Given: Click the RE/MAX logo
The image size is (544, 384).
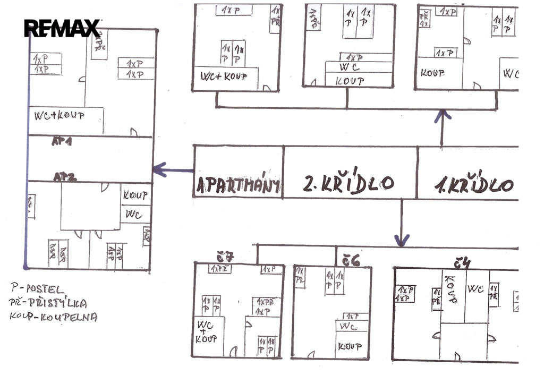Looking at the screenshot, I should coord(62,28).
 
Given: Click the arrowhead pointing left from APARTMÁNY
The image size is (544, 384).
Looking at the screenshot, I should coord(158,170).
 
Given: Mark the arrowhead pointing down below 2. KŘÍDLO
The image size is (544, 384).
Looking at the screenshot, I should coord(402,241).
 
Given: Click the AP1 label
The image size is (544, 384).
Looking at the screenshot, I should coord(62,142).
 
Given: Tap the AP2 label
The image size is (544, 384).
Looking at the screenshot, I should coord(65,177).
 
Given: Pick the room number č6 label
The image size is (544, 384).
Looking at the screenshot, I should coord(351,260).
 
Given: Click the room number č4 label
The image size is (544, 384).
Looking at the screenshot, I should coord(462,262).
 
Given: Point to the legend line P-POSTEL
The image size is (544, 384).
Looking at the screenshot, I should coord(37,289).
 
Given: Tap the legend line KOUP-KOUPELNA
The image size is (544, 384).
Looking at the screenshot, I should coord(53,317).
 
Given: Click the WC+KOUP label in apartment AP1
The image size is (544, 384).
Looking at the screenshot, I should coord(59,115).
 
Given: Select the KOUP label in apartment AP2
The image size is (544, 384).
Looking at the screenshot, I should coord(135,195).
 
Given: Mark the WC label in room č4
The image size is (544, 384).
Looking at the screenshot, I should coord(475,289).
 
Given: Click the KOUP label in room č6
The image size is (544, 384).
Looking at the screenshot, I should coord(350,347).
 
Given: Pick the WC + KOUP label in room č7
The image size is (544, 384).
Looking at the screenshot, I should coord(206,331).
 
